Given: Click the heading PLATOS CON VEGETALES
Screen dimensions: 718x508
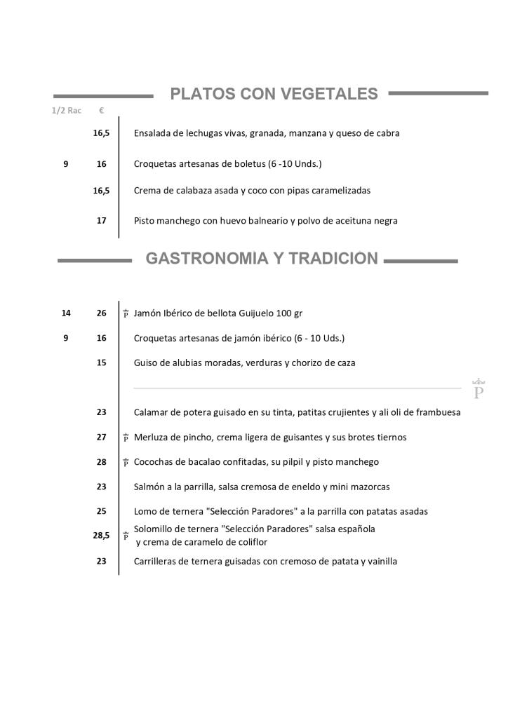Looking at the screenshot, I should (274, 94).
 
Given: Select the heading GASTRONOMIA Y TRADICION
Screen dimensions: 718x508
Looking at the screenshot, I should (261, 259).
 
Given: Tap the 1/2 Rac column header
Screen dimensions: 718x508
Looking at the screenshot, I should (67, 111).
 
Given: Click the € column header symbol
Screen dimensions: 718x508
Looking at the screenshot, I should (102, 111).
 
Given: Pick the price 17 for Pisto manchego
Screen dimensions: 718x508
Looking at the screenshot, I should (102, 221).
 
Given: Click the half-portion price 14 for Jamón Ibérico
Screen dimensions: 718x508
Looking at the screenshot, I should (66, 313).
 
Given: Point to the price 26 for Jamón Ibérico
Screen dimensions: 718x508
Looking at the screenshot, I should (102, 313).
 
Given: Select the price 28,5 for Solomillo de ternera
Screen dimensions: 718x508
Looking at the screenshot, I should (101, 535).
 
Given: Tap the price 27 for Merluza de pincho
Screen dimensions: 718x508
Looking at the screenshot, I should (102, 437).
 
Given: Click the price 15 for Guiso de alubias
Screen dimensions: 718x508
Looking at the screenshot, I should (102, 363).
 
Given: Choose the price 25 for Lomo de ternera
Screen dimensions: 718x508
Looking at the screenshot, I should (102, 511).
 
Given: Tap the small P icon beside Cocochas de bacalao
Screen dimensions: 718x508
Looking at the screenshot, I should (126, 463).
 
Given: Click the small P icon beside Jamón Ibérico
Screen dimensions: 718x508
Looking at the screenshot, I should (126, 314).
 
